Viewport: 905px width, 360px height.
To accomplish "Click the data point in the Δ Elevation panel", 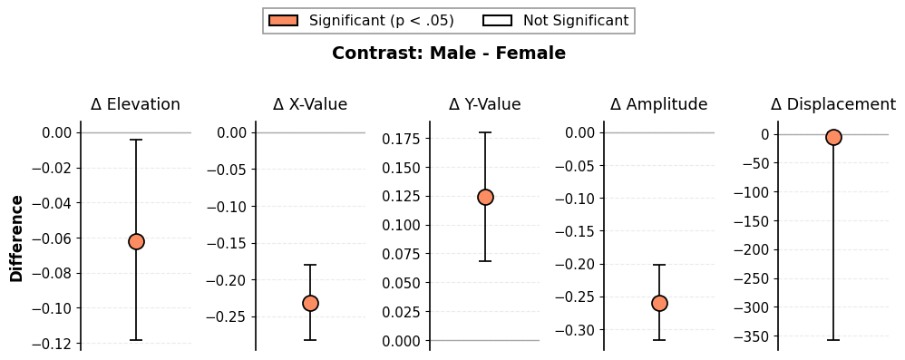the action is (136, 242).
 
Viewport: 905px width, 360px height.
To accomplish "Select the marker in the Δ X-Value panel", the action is (310, 303).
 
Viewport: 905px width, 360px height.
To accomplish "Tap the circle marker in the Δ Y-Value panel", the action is (485, 198).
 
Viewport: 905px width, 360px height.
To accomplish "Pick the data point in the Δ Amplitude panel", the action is (659, 303).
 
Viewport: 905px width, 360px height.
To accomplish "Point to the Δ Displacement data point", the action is (833, 137).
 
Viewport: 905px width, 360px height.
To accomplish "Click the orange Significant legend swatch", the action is (284, 21).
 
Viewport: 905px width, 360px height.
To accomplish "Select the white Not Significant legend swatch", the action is (498, 21).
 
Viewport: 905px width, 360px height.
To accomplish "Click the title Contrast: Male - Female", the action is (449, 54).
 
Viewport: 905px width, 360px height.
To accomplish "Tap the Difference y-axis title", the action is (17, 238).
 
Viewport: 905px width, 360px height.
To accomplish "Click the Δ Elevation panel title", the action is (136, 104).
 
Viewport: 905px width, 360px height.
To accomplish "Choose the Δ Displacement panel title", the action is (832, 104).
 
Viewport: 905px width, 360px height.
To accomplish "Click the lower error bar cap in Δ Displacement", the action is (833, 340).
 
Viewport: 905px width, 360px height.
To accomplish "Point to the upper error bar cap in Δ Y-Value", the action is (485, 132).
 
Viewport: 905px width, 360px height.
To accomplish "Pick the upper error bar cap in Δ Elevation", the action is (136, 140).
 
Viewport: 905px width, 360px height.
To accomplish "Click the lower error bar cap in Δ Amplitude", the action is (659, 340).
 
